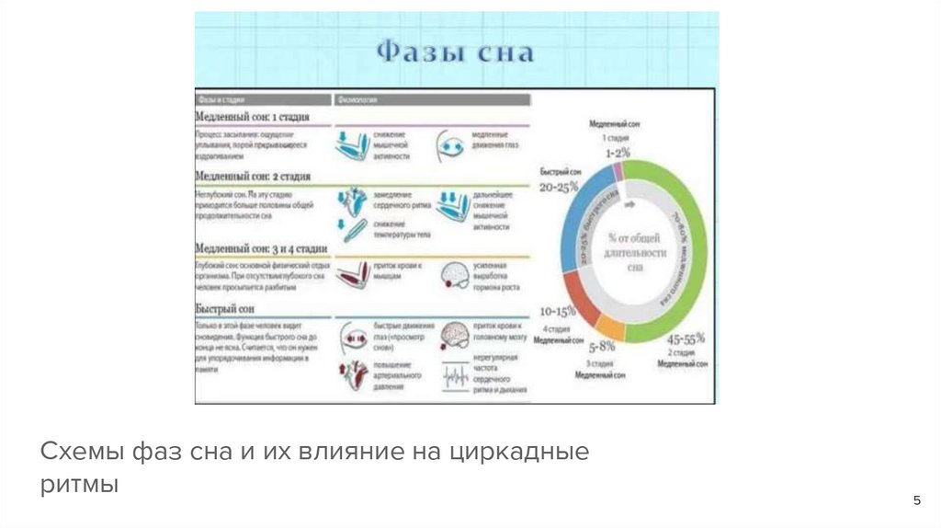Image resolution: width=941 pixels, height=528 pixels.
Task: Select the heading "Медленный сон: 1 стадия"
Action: tap(251, 117)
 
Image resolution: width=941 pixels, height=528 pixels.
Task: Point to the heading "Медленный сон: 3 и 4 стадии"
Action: tap(261, 248)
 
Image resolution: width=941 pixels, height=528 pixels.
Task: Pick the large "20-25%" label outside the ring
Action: tap(559, 186)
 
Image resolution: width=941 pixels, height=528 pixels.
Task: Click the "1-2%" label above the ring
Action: tap(618, 152)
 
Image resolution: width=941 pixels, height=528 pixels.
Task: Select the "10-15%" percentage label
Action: tap(558, 310)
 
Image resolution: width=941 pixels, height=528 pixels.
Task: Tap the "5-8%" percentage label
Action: tap(601, 348)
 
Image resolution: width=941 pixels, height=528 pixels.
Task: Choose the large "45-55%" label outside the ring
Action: tap(686, 339)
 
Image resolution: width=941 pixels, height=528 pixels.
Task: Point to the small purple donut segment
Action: tap(618, 170)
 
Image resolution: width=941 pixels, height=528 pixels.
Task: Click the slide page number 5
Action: tap(916, 499)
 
